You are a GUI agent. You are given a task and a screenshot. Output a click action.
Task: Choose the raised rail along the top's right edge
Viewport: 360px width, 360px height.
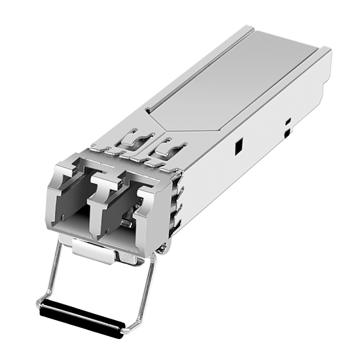(262, 98)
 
